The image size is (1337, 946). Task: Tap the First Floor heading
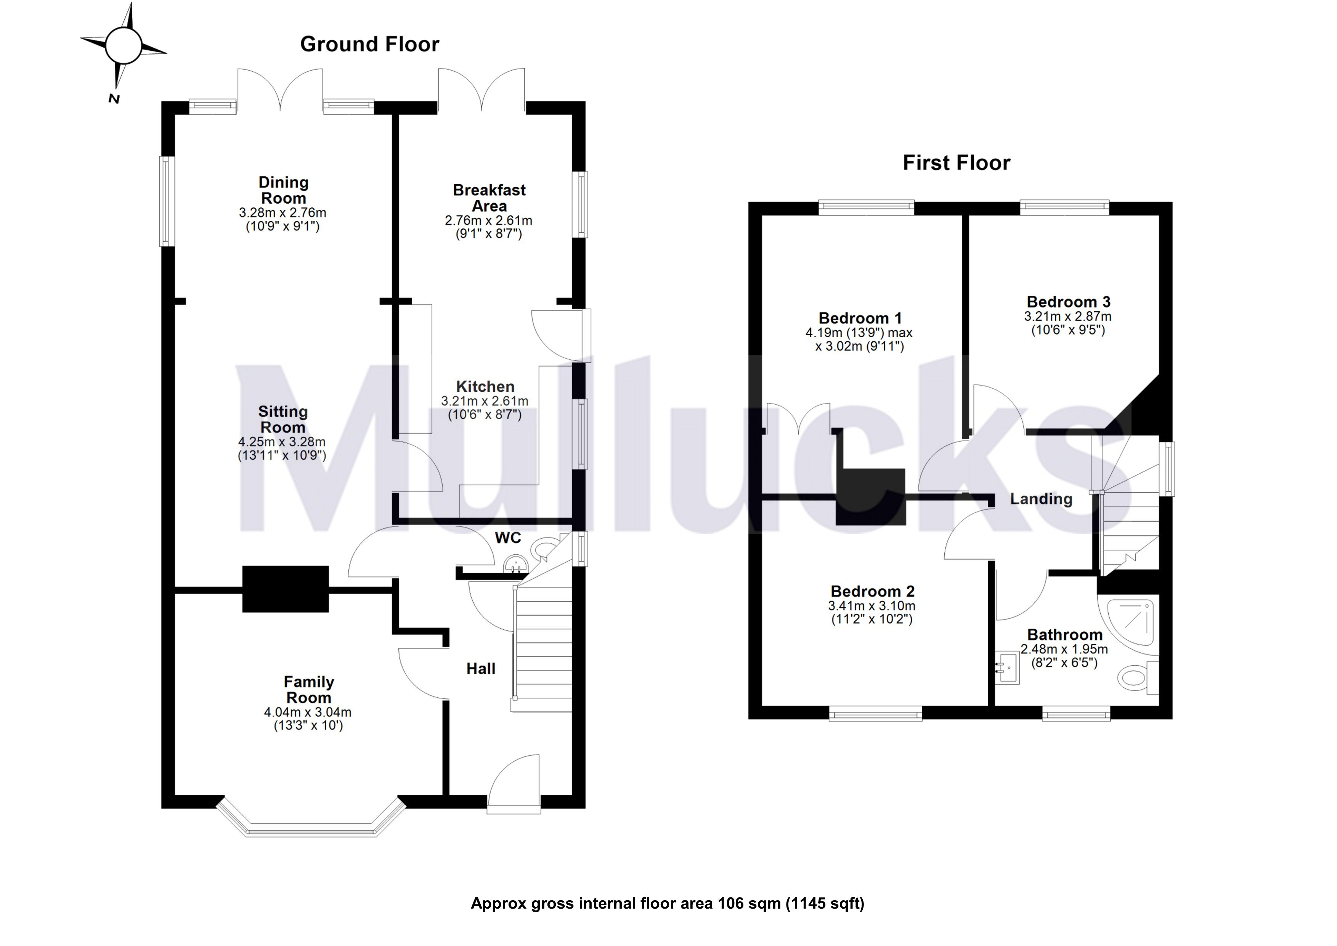pyautogui.click(x=956, y=162)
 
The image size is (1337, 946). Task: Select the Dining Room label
pyautogui.click(x=284, y=190)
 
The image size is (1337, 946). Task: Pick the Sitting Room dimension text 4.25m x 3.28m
pyautogui.click(x=282, y=442)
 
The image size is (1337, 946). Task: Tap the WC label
pyautogui.click(x=508, y=538)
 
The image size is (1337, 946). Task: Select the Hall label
pyautogui.click(x=480, y=669)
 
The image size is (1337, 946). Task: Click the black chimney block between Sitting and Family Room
pyautogui.click(x=285, y=589)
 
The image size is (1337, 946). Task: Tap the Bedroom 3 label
pyautogui.click(x=1068, y=302)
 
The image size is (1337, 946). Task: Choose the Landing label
pyautogui.click(x=1041, y=499)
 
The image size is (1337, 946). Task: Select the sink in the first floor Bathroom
pyautogui.click(x=1007, y=668)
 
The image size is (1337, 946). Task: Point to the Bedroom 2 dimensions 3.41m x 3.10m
pyautogui.click(x=872, y=606)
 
